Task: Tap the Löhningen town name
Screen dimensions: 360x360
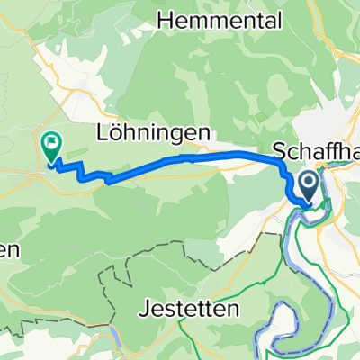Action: click(x=154, y=132)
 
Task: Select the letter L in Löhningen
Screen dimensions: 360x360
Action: click(x=103, y=132)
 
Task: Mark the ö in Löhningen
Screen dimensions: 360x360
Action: click(x=115, y=132)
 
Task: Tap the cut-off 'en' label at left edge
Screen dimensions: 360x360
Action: click(x=9, y=251)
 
